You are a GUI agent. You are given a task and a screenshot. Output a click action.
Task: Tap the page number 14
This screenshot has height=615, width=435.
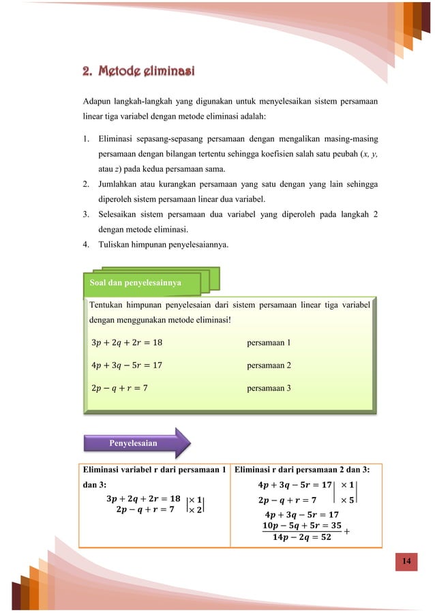pyautogui.click(x=406, y=561)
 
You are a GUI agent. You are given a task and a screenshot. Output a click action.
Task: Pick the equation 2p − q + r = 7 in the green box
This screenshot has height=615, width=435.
pyautogui.click(x=119, y=387)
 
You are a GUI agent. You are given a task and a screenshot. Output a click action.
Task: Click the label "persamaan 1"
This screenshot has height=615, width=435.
pyautogui.click(x=269, y=342)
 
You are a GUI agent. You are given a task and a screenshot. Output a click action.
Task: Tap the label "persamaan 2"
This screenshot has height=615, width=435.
pyautogui.click(x=269, y=365)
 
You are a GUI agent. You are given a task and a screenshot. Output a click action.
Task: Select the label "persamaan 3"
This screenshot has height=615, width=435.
pyautogui.click(x=269, y=387)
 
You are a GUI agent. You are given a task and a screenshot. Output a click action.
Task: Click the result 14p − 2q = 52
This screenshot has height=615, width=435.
pyautogui.click(x=301, y=537)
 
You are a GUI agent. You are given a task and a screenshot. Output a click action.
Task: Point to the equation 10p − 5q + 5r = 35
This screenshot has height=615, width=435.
pyautogui.click(x=301, y=526)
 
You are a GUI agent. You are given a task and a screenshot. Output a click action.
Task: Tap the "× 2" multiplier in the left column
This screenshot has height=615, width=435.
pyautogui.click(x=195, y=509)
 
